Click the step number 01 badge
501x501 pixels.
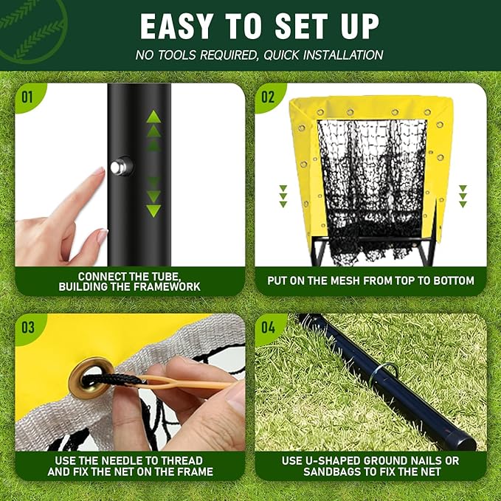[x=27, y=97]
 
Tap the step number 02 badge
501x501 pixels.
[x=267, y=97]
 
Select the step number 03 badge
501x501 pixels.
[x=27, y=327]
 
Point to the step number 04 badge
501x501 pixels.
[x=267, y=327]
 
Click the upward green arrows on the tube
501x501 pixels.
[x=153, y=129]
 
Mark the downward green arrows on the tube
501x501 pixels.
[x=153, y=198]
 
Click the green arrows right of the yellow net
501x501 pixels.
[x=463, y=196]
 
